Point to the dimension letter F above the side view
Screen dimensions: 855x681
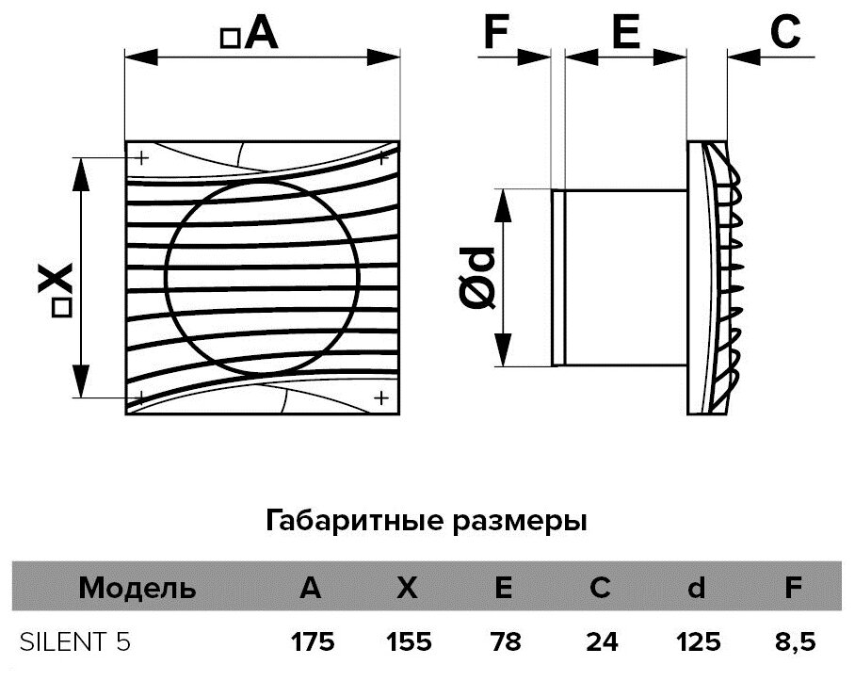(497, 33)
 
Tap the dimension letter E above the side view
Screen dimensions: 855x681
(625, 33)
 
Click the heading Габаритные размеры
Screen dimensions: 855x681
(427, 520)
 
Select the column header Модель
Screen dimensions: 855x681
(137, 590)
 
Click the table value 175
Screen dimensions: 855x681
(312, 642)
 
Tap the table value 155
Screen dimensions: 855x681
(407, 642)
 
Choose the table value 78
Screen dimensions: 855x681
(504, 642)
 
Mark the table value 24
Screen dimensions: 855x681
(600, 642)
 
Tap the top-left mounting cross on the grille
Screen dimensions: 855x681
(141, 157)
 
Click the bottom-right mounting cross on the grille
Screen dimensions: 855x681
(380, 397)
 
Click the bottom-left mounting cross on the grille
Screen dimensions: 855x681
(141, 397)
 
